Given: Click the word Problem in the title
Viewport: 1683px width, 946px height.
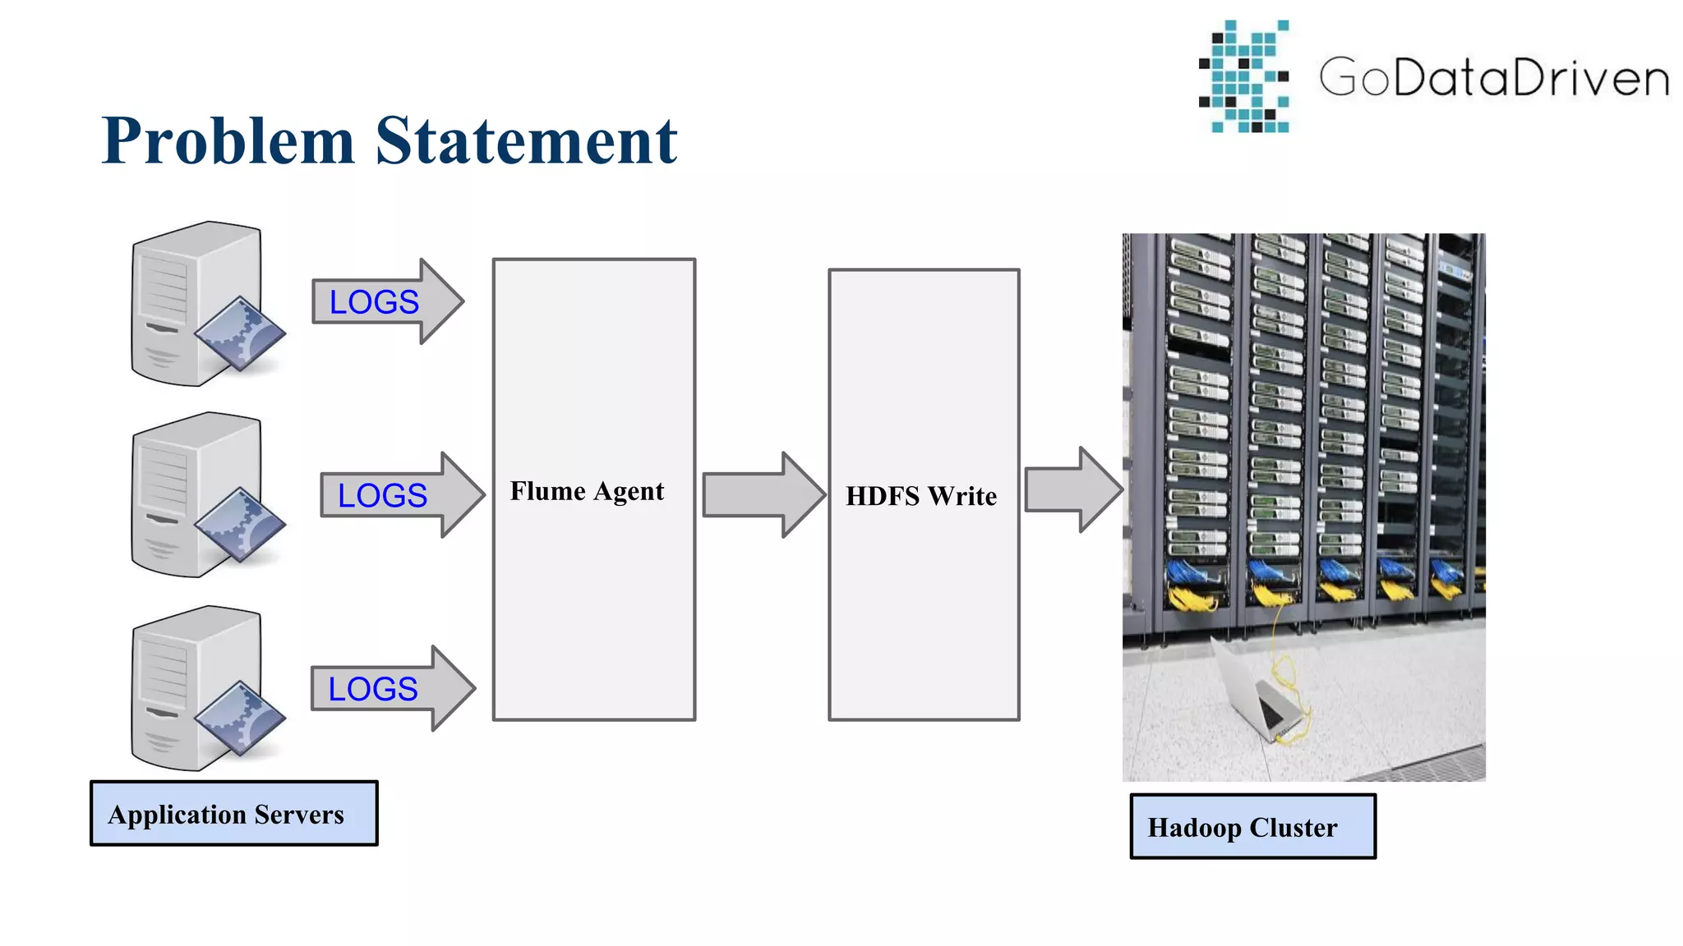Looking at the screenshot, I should [x=228, y=141].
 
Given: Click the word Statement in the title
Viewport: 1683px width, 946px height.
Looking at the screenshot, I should [x=526, y=141].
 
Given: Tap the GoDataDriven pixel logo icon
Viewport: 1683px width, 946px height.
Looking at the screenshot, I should [x=1244, y=77].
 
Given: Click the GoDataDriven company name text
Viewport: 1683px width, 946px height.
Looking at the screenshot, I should [x=1494, y=78].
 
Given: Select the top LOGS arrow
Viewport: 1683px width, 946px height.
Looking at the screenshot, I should [x=386, y=301].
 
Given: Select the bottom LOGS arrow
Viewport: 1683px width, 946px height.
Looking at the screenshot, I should [x=391, y=688].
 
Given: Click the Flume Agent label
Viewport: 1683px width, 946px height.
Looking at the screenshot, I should [x=587, y=491].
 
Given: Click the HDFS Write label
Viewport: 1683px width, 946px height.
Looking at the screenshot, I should [x=921, y=496].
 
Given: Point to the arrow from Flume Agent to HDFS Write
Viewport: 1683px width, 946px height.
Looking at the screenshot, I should [x=763, y=494].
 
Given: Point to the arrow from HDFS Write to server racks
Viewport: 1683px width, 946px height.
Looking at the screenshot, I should [x=1072, y=489].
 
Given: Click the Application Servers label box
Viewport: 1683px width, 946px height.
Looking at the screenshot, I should [x=234, y=814].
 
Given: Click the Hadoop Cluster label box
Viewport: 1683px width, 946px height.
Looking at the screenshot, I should [x=1252, y=827].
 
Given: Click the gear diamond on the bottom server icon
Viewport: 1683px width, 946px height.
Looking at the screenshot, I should [x=240, y=719].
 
